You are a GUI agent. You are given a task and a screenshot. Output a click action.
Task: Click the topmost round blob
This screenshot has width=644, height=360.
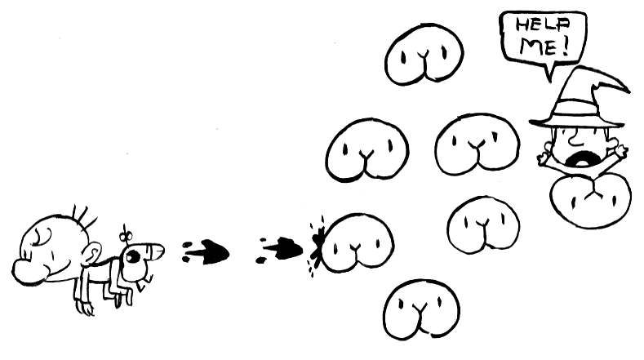[x=424, y=55]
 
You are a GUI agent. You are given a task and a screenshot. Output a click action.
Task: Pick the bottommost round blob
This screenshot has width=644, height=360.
[x=421, y=308]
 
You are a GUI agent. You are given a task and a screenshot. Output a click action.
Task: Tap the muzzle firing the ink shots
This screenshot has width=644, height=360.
[x=155, y=248]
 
